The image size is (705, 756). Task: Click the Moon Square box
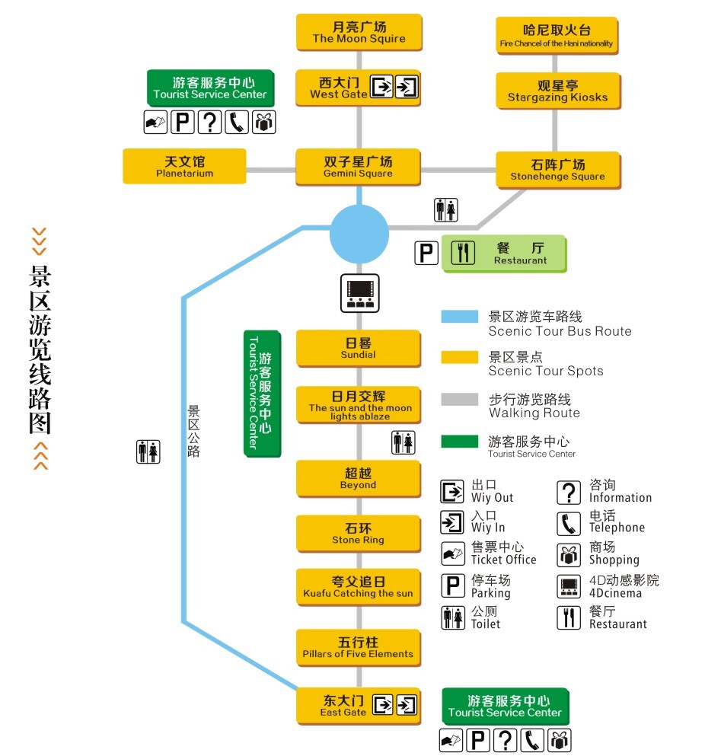tap(359, 33)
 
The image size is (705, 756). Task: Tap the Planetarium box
tap(184, 166)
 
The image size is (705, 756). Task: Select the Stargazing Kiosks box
tap(558, 91)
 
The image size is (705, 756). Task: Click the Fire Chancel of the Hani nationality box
tap(557, 36)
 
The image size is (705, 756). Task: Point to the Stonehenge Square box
tap(558, 170)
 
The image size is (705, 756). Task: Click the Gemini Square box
tap(358, 167)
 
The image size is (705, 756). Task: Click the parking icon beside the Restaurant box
tap(426, 253)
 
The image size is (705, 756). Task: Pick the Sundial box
tap(358, 348)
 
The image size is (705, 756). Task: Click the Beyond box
tap(358, 479)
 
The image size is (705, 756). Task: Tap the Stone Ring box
tap(358, 533)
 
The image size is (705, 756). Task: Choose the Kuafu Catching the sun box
tap(358, 587)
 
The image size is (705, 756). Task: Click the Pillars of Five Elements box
tap(358, 648)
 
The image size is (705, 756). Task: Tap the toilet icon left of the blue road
tap(148, 451)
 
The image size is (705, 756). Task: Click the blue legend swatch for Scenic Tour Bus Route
tap(459, 317)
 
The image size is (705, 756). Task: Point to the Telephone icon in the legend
tap(569, 525)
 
